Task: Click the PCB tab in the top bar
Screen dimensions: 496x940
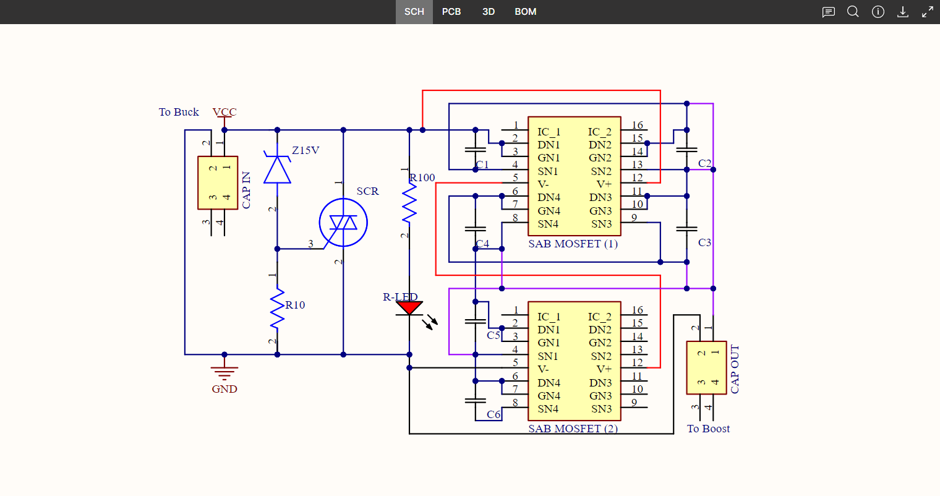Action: pos(451,12)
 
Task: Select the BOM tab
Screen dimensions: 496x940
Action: pos(525,12)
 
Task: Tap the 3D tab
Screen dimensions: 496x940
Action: pos(489,12)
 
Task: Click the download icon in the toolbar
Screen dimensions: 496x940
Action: pos(903,12)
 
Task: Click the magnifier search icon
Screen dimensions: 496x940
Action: pos(853,12)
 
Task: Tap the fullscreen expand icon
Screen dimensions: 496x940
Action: pos(928,12)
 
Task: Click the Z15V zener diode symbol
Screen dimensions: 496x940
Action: pos(277,169)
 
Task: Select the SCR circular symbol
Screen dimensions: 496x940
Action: pos(343,223)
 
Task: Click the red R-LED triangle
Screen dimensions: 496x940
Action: pos(409,307)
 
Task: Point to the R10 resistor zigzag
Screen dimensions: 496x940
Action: pos(277,307)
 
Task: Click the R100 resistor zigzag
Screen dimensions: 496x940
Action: pos(409,204)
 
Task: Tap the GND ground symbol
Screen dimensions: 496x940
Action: pos(224,373)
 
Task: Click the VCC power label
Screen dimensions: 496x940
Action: pos(224,112)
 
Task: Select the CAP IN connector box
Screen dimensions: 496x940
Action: pos(218,182)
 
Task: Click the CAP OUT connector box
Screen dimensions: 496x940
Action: pos(706,367)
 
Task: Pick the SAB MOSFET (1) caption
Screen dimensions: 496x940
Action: pos(573,244)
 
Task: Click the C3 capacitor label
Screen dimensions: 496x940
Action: pos(704,242)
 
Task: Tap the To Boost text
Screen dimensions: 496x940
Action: pos(708,429)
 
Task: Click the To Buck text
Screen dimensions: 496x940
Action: pos(179,112)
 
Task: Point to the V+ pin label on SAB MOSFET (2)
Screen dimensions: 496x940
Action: pos(604,369)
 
